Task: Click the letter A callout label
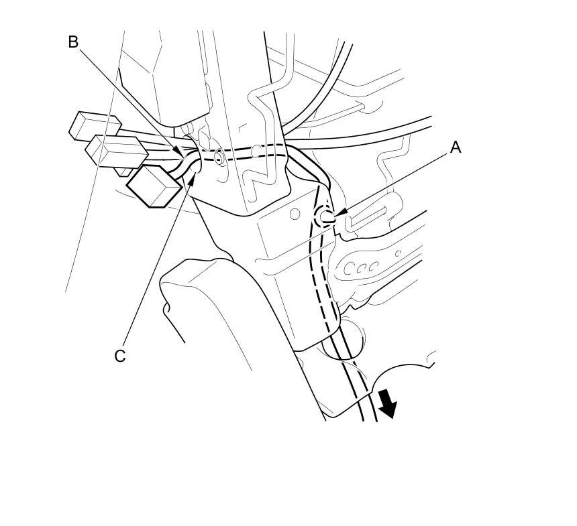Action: point(456,147)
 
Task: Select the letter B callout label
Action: point(73,42)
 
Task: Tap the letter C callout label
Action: point(119,356)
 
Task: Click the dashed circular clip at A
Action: point(324,215)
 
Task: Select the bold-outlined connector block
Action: point(154,186)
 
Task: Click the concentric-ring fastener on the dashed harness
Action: point(219,159)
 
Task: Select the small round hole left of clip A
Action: point(294,214)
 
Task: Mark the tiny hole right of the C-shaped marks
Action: point(397,253)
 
